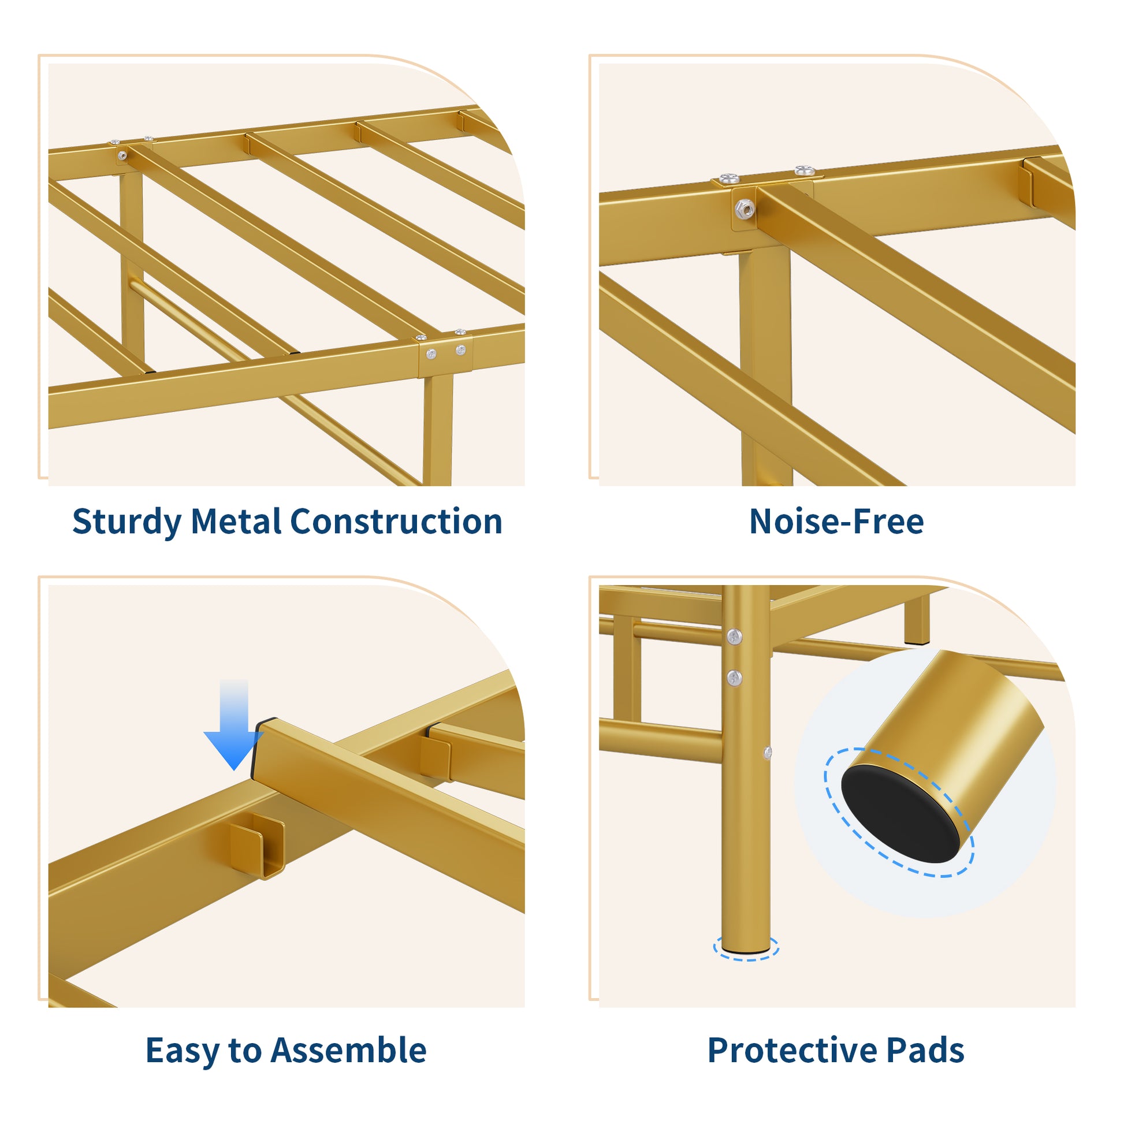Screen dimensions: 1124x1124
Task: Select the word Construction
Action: pyautogui.click(x=396, y=520)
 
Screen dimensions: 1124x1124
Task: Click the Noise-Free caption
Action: pyautogui.click(x=836, y=520)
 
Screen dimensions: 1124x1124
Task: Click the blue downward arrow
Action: pyautogui.click(x=234, y=725)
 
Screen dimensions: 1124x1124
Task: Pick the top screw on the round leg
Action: pyautogui.click(x=734, y=637)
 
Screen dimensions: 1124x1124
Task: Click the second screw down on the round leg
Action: pyautogui.click(x=734, y=676)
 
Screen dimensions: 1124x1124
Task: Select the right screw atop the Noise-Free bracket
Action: pyautogui.click(x=804, y=170)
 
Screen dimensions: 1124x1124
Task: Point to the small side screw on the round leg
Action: pyautogui.click(x=768, y=753)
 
